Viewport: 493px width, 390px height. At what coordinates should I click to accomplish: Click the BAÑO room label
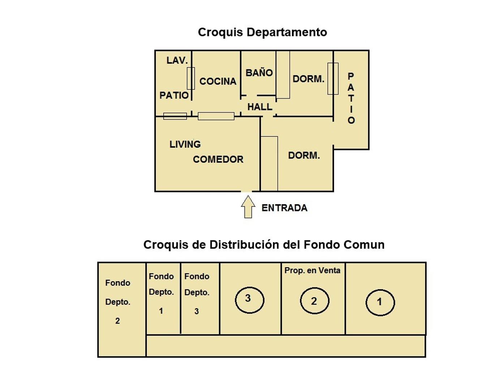(x=259, y=73)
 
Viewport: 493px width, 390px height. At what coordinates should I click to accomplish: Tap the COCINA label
(x=218, y=82)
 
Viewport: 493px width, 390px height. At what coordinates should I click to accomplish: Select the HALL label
(x=260, y=107)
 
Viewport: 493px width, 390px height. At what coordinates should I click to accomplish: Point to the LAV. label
(x=177, y=61)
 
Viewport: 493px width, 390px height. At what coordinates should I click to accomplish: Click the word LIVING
(x=185, y=144)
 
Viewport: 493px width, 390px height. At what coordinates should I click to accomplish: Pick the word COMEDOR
(x=218, y=159)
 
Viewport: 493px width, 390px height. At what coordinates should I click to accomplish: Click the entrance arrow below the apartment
(x=248, y=207)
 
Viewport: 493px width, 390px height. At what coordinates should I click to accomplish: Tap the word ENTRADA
(x=284, y=208)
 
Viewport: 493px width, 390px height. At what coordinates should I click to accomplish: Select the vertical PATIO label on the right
(x=351, y=98)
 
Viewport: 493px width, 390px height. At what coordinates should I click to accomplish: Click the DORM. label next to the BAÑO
(x=308, y=79)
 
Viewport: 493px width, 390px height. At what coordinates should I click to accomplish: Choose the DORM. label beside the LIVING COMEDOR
(x=304, y=156)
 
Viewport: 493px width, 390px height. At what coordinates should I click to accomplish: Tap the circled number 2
(x=314, y=300)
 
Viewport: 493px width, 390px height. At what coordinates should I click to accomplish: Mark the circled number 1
(x=380, y=302)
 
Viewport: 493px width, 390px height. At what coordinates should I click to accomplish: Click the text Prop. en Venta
(x=312, y=270)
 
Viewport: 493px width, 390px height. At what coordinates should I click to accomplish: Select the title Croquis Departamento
(x=262, y=32)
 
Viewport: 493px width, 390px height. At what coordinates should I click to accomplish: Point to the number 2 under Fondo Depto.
(x=117, y=321)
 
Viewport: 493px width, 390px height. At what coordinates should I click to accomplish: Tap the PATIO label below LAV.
(x=174, y=95)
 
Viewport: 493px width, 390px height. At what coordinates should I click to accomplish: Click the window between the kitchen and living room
(x=216, y=116)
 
